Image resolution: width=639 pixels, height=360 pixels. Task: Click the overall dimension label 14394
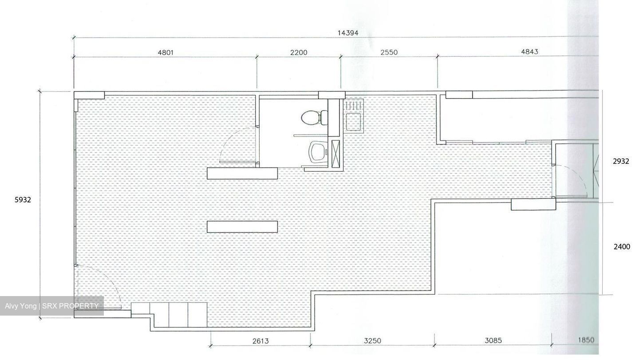348,33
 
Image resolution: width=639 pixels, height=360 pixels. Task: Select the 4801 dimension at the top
166,52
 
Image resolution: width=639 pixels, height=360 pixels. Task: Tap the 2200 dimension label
299,52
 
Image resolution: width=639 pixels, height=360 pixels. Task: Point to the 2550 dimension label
389,52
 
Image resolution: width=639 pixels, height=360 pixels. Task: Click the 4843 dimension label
529,51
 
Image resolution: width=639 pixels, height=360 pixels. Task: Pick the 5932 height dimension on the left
23,200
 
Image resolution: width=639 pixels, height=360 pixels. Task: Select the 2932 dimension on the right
621,161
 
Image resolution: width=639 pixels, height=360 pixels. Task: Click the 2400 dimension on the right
622,246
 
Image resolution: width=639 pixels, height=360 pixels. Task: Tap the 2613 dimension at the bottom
260,341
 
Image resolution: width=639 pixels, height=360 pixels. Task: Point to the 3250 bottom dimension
373,340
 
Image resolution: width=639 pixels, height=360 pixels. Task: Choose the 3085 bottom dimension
493,340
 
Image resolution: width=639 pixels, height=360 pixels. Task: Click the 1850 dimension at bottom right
586,340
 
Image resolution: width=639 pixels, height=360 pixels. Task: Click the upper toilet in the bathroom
314,118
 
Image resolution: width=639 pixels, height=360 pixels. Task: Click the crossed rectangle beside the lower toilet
336,154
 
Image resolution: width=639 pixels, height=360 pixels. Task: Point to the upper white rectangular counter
242,174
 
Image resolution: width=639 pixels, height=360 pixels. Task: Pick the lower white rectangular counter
242,227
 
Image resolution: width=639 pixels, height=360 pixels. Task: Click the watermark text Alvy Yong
20,306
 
